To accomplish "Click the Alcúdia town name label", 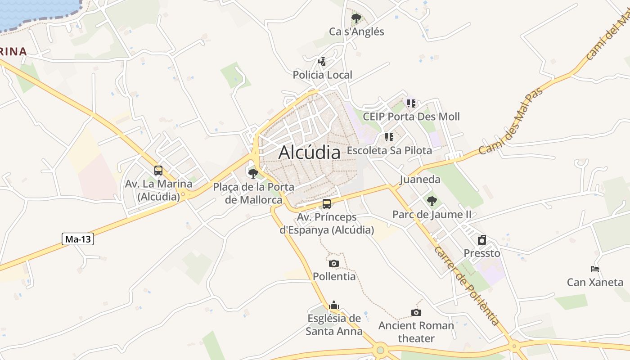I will (309, 152).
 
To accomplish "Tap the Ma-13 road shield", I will (78, 239).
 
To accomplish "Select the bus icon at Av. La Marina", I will (158, 171).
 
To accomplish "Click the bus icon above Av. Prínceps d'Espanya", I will (327, 204).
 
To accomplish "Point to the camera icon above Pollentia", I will (333, 263).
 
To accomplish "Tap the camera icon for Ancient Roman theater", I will (416, 312).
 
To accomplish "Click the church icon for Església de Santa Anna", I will (334, 306).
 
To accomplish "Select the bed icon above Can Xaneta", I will (595, 269).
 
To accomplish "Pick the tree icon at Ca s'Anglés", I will (356, 18).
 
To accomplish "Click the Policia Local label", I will (323, 75).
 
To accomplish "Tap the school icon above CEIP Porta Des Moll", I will (411, 103).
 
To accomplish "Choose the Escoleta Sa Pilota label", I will (390, 150).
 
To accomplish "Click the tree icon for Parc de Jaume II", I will (432, 201).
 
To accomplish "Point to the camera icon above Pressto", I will (482, 239).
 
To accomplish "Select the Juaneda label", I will (420, 180).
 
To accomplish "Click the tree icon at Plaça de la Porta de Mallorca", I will (253, 173).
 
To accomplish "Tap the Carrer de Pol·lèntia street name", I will (467, 286).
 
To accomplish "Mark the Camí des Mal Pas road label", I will (511, 122).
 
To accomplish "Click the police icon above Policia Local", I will (322, 61).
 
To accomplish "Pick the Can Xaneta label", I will (595, 283).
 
